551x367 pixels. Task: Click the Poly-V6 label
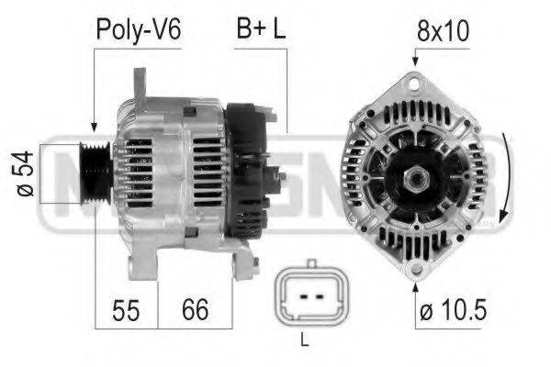[139, 29]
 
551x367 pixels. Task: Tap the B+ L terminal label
[261, 29]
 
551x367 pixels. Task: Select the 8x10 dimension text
[444, 29]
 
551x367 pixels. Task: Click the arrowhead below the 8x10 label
[415, 61]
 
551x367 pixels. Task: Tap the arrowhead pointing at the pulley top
[94, 130]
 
